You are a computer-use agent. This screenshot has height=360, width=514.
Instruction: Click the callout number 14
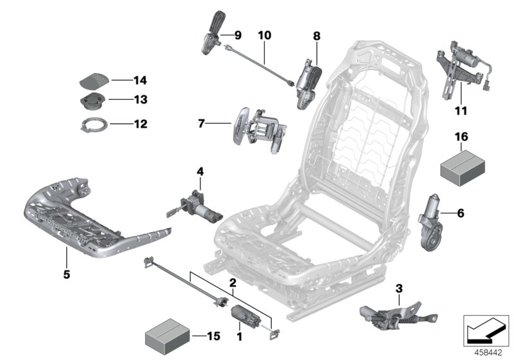[x=139, y=80]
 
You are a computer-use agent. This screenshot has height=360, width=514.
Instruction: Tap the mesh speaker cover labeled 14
[x=94, y=81]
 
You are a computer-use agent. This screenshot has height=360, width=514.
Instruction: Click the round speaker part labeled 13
[x=92, y=102]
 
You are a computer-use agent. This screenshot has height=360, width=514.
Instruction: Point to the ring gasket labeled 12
[x=92, y=124]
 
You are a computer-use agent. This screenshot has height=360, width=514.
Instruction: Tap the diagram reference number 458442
[x=486, y=352]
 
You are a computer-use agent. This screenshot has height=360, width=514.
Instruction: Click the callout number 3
[x=398, y=287]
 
